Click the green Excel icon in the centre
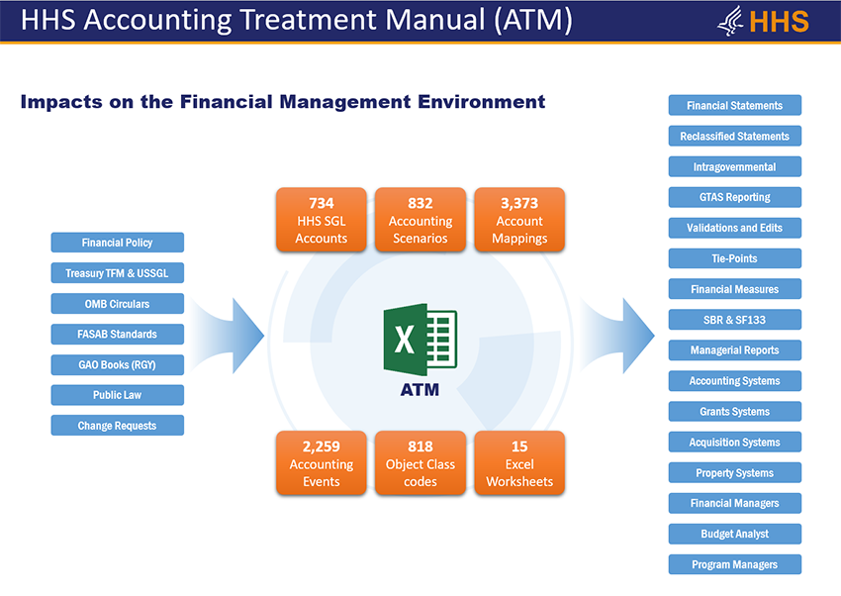[x=420, y=339]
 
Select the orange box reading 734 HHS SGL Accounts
[x=322, y=220]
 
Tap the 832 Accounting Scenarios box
[x=420, y=220]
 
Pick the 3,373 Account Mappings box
[x=519, y=220]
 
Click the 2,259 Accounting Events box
[x=322, y=462]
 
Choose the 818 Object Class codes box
[x=420, y=462]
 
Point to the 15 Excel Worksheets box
[x=519, y=462]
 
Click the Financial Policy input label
[x=118, y=243]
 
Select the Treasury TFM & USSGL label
[x=118, y=273]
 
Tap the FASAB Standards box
[x=118, y=335]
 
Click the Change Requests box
[x=118, y=426]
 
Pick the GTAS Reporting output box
[x=735, y=197]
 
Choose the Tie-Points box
[x=735, y=258]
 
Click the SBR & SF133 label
[x=735, y=320]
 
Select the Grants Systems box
[x=735, y=412]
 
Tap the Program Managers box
[x=735, y=564]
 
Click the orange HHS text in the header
[x=779, y=22]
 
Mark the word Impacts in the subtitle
[x=61, y=101]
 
